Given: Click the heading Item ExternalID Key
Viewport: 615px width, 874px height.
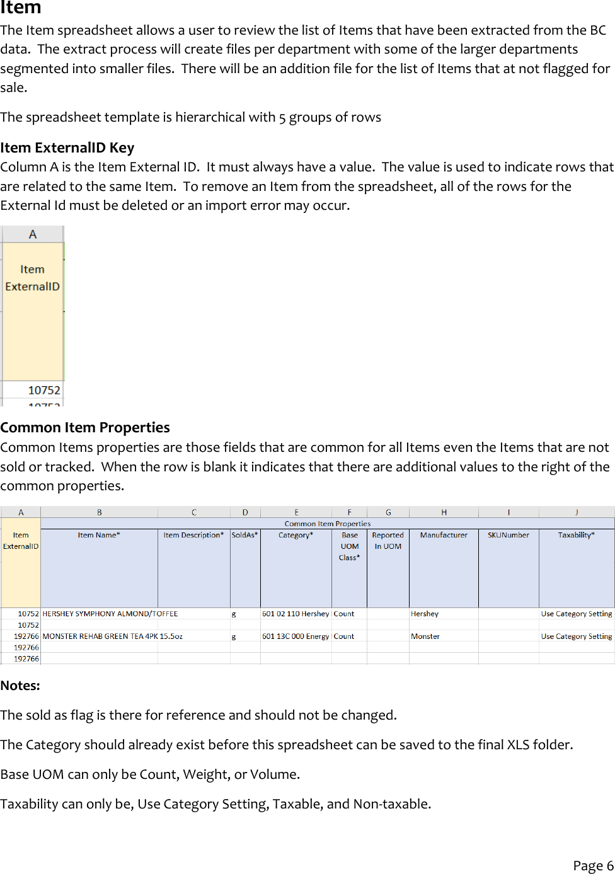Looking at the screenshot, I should (67, 147).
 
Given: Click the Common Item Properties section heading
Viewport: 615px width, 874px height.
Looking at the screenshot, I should (85, 427).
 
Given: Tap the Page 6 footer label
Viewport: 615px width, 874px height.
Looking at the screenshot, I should (592, 865).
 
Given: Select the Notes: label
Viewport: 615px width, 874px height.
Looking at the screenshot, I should (20, 686).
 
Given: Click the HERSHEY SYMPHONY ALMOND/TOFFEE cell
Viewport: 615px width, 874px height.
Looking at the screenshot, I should (110, 614).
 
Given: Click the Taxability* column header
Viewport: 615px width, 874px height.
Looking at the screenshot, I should (576, 535).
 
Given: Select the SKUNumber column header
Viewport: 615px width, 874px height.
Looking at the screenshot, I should (508, 535).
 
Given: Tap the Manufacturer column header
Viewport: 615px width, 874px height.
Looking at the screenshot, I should (444, 535).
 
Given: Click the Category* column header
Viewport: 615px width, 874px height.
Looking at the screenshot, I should (296, 535).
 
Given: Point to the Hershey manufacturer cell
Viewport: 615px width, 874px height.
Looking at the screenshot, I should (425, 614).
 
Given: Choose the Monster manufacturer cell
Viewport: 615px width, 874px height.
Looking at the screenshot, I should (425, 636).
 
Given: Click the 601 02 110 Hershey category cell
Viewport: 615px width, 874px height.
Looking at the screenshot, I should (296, 614).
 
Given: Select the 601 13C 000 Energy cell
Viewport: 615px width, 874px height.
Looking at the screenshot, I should (296, 636).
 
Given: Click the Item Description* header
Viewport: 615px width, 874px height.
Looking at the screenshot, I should (193, 535).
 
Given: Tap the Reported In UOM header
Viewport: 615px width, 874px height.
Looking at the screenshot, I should (388, 541).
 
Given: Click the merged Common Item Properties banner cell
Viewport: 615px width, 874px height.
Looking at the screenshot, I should (327, 524).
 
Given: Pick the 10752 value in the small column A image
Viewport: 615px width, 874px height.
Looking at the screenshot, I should (44, 390).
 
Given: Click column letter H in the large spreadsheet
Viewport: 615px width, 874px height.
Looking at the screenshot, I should (444, 512).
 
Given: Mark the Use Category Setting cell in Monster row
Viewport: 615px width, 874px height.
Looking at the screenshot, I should (576, 636).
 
